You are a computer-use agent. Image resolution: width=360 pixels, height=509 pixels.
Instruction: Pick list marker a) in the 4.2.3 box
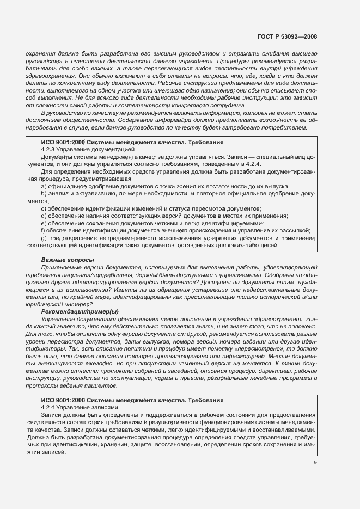point(43,187)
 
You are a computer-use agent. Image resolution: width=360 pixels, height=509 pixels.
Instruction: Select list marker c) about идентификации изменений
point(43,209)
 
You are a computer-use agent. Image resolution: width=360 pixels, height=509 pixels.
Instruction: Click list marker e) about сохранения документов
point(43,223)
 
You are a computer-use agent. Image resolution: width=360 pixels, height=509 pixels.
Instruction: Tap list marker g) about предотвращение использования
point(43,238)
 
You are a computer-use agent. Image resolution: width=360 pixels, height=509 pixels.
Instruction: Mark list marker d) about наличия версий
point(43,216)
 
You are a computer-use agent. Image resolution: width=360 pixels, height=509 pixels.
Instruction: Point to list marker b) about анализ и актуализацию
point(43,194)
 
